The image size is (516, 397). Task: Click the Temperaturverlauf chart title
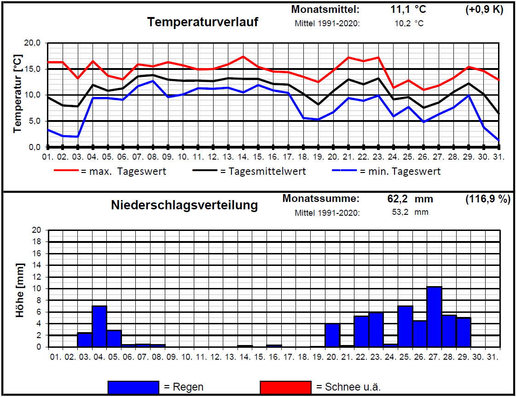click(203, 22)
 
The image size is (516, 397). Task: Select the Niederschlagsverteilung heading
click(184, 205)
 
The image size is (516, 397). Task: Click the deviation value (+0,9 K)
click(484, 9)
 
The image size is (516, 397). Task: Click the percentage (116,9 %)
click(487, 199)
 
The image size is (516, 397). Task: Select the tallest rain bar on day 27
click(434, 317)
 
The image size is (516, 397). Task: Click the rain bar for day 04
click(99, 326)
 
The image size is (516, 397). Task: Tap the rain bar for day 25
click(405, 326)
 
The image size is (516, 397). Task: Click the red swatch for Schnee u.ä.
click(285, 387)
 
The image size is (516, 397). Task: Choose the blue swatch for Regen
click(133, 387)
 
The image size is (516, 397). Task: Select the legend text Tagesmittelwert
click(263, 172)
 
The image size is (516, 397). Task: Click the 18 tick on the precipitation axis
click(37, 242)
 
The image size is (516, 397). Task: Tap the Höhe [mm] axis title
click(20, 290)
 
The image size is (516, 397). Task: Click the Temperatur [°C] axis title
click(17, 95)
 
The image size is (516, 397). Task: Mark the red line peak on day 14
click(243, 57)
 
